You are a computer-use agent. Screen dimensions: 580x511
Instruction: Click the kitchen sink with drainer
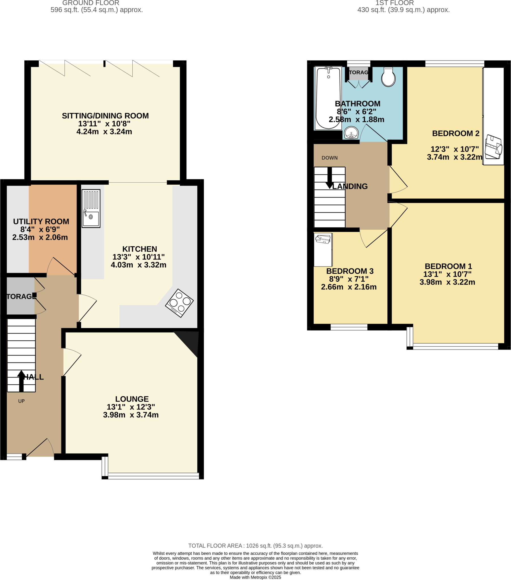click(x=91, y=208)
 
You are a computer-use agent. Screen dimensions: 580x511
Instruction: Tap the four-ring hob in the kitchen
click(x=179, y=303)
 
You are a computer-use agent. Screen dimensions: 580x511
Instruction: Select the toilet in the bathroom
click(x=388, y=77)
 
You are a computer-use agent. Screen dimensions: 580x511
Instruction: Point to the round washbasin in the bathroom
click(x=351, y=133)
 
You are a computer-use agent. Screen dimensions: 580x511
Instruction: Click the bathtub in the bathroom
click(x=328, y=98)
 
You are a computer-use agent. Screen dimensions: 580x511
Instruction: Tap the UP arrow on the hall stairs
click(x=21, y=380)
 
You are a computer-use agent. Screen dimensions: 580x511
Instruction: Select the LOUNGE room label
click(x=132, y=399)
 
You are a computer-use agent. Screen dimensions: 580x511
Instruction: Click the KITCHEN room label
click(x=139, y=249)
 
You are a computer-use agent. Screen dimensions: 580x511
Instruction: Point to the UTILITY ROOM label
click(x=41, y=221)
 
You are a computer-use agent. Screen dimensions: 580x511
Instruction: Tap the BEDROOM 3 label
click(x=350, y=271)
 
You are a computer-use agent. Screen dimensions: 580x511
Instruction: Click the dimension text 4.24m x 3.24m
click(x=104, y=132)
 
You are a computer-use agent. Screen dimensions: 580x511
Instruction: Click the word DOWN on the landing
click(x=330, y=158)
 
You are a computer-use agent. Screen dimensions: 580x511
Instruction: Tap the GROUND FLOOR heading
click(x=91, y=3)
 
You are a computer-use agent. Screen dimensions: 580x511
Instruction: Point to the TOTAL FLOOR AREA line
click(x=255, y=546)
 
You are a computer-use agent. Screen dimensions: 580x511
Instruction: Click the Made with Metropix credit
click(x=255, y=577)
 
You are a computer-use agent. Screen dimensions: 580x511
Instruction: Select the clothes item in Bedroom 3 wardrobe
click(x=323, y=239)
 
